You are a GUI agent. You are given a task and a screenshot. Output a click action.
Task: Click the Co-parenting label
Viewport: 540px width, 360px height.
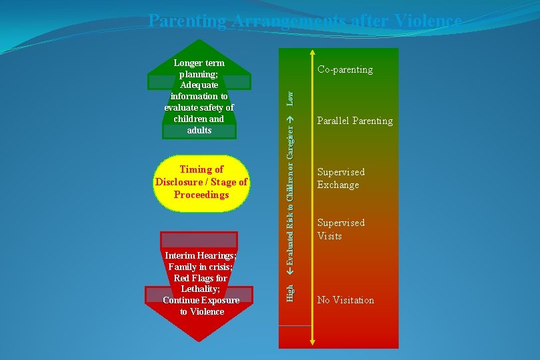tap(345, 69)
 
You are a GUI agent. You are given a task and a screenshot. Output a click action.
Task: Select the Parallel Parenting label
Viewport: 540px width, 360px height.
tap(355, 121)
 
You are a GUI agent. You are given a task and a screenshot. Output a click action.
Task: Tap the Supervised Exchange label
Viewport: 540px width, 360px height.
tap(341, 179)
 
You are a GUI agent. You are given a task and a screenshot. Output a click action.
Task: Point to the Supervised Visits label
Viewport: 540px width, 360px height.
tap(341, 229)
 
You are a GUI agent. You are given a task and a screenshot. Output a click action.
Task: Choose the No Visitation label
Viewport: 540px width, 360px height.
tap(345, 300)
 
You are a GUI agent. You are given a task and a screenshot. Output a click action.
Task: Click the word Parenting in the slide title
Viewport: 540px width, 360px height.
tap(187, 21)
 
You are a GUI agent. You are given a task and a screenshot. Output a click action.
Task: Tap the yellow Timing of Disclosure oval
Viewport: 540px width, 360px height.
tap(201, 182)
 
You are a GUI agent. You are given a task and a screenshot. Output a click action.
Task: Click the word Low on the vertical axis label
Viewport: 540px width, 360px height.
tap(290, 99)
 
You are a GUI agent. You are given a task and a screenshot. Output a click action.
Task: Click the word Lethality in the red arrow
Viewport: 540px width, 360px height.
tap(201, 289)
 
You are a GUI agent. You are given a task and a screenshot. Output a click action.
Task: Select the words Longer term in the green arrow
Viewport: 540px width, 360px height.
tap(199, 63)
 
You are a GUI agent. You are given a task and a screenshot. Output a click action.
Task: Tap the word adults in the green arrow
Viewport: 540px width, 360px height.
tap(199, 130)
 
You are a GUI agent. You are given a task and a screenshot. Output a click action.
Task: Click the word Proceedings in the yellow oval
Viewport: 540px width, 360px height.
tap(201, 195)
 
